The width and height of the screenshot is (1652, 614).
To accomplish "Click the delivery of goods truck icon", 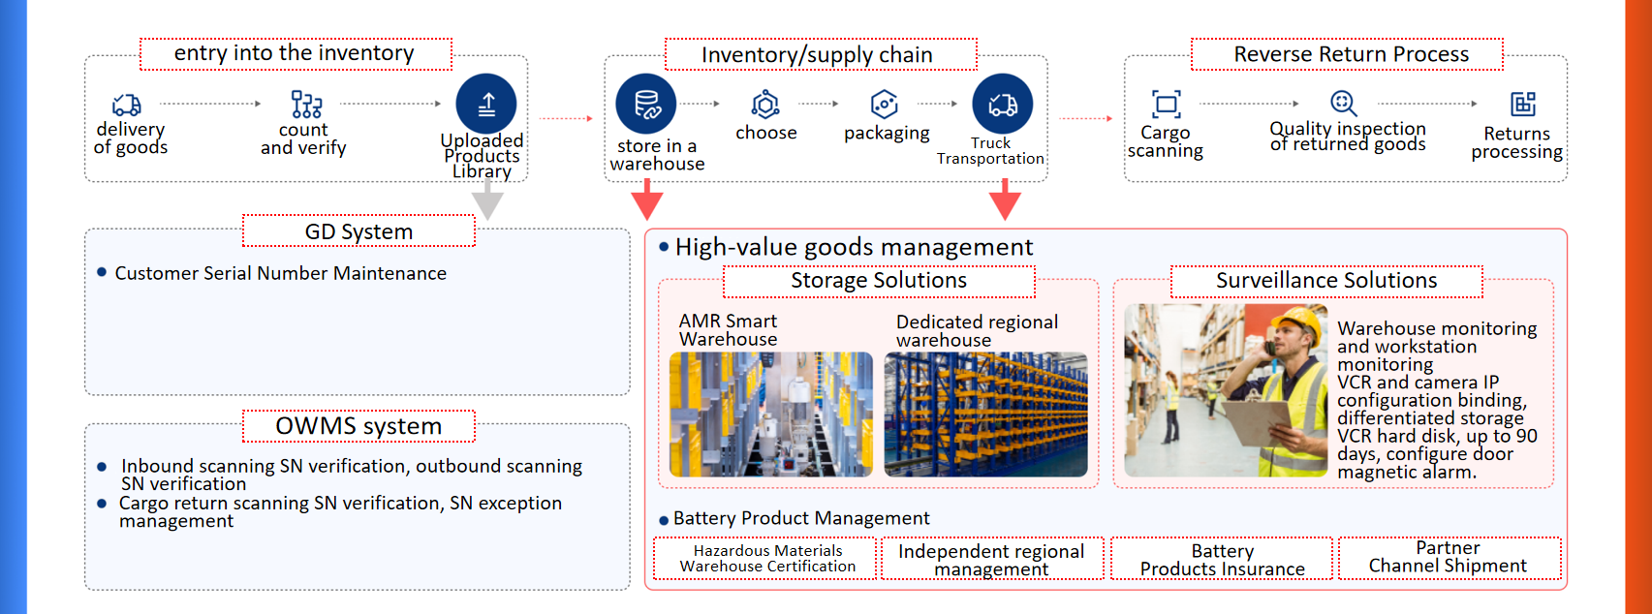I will click(127, 104).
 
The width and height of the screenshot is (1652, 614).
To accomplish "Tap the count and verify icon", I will click(306, 104).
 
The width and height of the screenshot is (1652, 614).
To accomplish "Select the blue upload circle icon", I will click(486, 104).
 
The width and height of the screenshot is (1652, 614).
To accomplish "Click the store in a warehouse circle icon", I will click(646, 104).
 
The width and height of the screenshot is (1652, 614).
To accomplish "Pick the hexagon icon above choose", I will click(765, 104).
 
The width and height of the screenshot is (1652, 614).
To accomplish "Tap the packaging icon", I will click(884, 104).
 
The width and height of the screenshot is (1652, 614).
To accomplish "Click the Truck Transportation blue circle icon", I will click(1003, 104).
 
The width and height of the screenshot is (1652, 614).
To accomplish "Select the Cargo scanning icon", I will click(1167, 104).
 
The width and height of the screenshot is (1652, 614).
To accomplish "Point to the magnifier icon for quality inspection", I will click(1343, 103).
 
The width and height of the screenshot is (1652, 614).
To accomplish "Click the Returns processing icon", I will click(1522, 104).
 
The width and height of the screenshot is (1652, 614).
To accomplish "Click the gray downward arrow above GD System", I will click(487, 202).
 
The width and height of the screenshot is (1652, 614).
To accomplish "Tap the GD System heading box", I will click(358, 231).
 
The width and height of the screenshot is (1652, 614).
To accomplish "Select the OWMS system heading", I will click(358, 426).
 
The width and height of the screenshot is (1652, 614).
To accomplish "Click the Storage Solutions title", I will click(879, 281).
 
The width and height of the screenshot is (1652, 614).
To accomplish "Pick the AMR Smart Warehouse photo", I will click(770, 414).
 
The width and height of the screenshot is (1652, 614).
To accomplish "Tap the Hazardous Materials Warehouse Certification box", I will click(766, 559).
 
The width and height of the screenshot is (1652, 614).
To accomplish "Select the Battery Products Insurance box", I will click(1222, 559).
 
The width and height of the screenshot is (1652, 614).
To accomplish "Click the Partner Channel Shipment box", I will click(1449, 558).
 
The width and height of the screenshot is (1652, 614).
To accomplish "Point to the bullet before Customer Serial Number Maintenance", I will click(102, 272).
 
